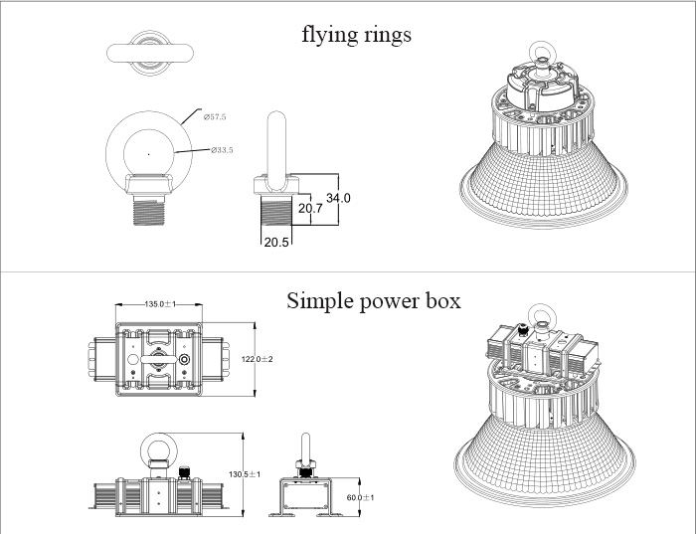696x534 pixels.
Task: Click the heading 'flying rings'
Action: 356,35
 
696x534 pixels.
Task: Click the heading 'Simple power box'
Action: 373,300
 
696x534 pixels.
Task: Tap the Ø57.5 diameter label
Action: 216,117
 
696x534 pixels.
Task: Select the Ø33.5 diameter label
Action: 222,150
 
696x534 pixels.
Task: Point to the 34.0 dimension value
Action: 339,198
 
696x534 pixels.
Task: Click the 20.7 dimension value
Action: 310,208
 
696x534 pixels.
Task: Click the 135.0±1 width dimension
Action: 160,304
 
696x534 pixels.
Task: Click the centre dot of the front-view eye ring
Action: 147,153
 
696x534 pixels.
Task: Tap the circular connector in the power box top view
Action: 184,359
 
